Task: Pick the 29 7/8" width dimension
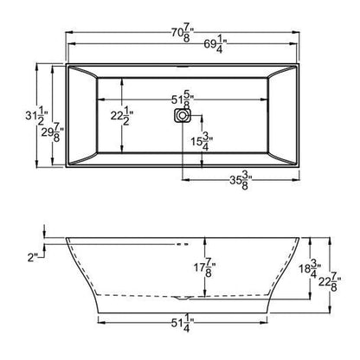(x=54, y=130)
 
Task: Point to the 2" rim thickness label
(x=33, y=257)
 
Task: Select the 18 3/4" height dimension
(x=315, y=270)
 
